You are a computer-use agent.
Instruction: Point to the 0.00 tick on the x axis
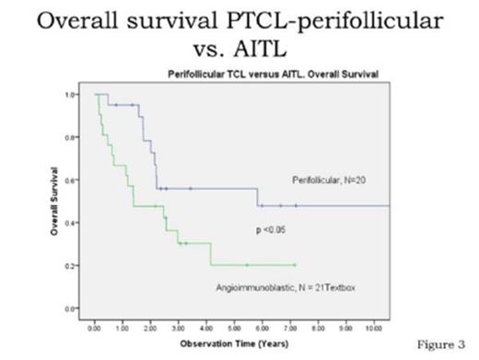coord(95,327)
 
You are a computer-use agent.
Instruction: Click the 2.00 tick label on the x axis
coord(150,327)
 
